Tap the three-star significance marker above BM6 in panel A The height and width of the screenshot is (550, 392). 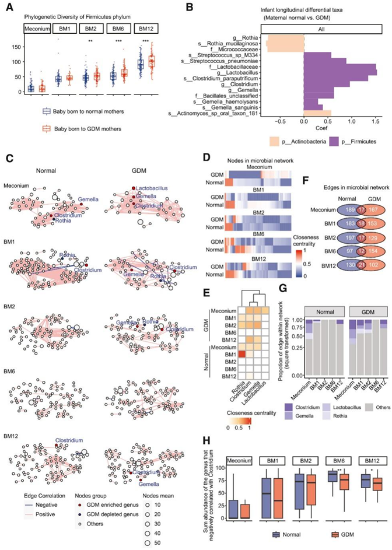[118, 42]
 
